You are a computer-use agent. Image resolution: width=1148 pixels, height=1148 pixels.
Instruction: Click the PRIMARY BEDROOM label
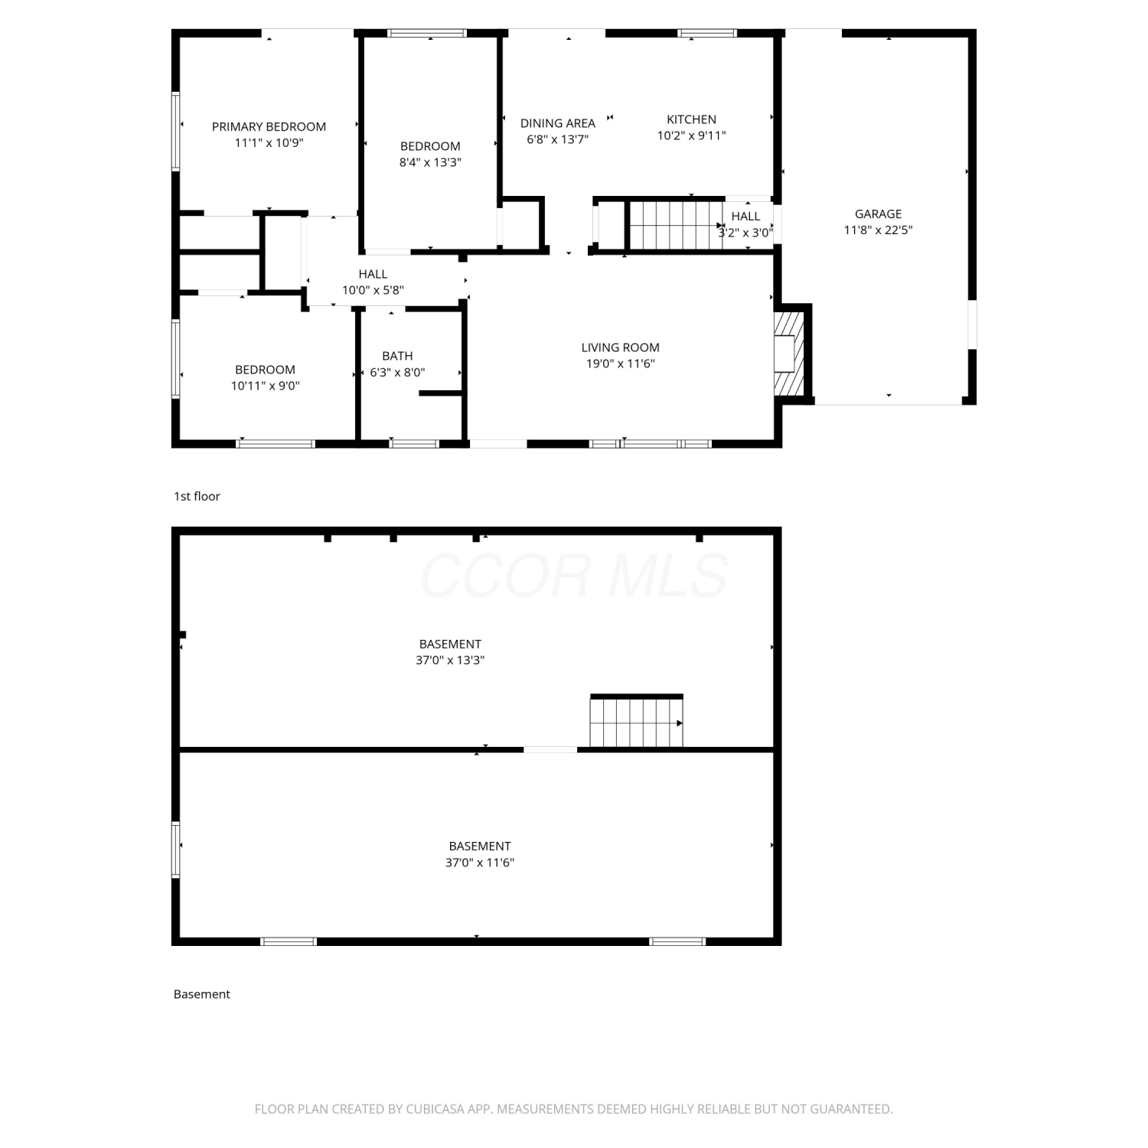tap(269, 126)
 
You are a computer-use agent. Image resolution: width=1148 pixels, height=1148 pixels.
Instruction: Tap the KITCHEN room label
tap(691, 119)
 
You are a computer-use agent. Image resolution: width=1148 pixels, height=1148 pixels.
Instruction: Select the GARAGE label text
tap(878, 214)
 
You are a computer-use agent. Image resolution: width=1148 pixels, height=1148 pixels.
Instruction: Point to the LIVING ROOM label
tap(620, 347)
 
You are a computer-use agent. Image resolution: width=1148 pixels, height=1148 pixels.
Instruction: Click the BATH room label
tap(397, 356)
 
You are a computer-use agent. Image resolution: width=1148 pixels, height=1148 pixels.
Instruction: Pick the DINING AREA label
tap(557, 123)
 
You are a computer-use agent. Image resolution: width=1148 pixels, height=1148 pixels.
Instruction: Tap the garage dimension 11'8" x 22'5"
tap(878, 230)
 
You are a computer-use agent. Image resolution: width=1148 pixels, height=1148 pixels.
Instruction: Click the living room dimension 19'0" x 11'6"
tap(620, 364)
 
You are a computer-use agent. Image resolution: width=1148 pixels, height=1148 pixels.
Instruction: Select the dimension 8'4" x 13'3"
tap(430, 162)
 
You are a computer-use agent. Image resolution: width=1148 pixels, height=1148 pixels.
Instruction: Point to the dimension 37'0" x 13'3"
tap(450, 660)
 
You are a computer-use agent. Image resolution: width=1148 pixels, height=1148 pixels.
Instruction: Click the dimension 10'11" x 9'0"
tap(265, 386)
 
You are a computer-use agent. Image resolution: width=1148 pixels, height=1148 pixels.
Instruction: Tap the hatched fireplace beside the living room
tap(789, 354)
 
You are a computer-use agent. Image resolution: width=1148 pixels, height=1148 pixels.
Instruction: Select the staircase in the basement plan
tap(636, 721)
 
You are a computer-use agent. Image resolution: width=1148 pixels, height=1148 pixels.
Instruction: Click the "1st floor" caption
tap(197, 496)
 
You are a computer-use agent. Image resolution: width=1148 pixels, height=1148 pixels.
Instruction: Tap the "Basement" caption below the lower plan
tap(201, 994)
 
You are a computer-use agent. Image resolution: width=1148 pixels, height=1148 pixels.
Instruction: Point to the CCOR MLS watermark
tap(573, 576)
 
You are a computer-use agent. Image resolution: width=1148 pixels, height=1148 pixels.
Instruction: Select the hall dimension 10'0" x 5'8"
tap(373, 290)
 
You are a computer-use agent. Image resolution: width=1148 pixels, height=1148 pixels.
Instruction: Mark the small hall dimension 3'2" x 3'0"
tap(745, 233)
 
